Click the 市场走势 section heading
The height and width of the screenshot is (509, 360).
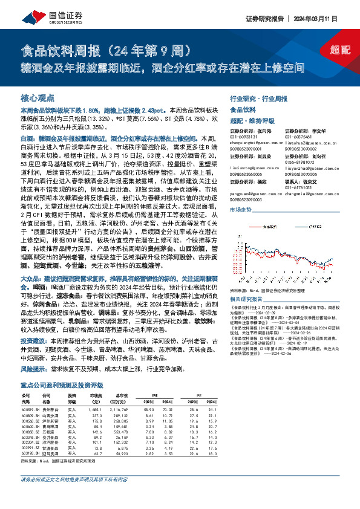pos(240,209)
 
